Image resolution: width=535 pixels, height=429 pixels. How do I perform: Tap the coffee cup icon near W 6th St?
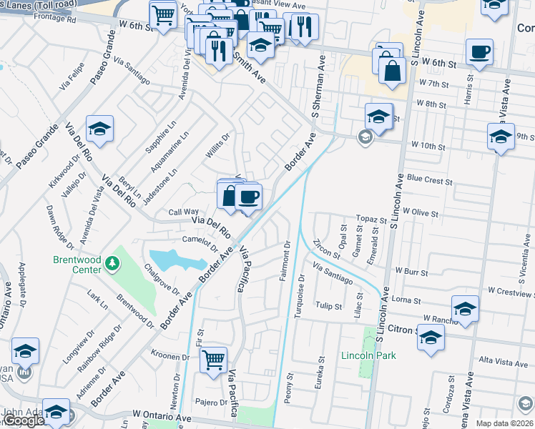pyautogui.click(x=478, y=51)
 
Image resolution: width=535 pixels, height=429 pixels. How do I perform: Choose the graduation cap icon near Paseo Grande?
pyautogui.click(x=99, y=129)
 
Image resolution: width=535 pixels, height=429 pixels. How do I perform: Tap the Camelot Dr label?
pyautogui.click(x=199, y=244)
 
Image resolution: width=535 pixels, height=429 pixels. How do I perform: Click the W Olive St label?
pyautogui.click(x=421, y=212)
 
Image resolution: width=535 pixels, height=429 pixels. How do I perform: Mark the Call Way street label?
pyautogui.click(x=183, y=212)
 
